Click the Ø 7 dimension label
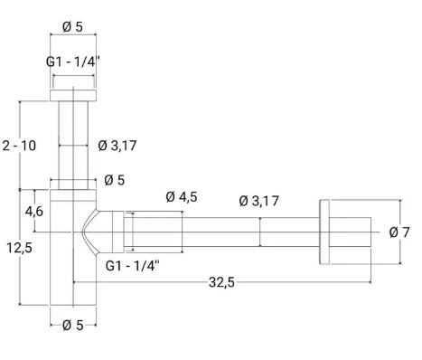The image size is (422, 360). tap(399, 232)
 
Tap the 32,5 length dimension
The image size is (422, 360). tap(221, 282)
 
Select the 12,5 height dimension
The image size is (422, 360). tap(19, 248)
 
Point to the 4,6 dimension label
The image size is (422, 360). tap(33, 212)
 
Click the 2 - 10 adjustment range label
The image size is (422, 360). tap(19, 146)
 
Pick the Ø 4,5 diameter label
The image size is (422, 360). tap(182, 197)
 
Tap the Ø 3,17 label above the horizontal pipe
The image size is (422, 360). tap(259, 201)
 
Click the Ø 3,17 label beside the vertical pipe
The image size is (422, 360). tap(117, 146)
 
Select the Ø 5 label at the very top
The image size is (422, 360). tap(72, 27)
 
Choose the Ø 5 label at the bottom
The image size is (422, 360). tap(72, 325)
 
